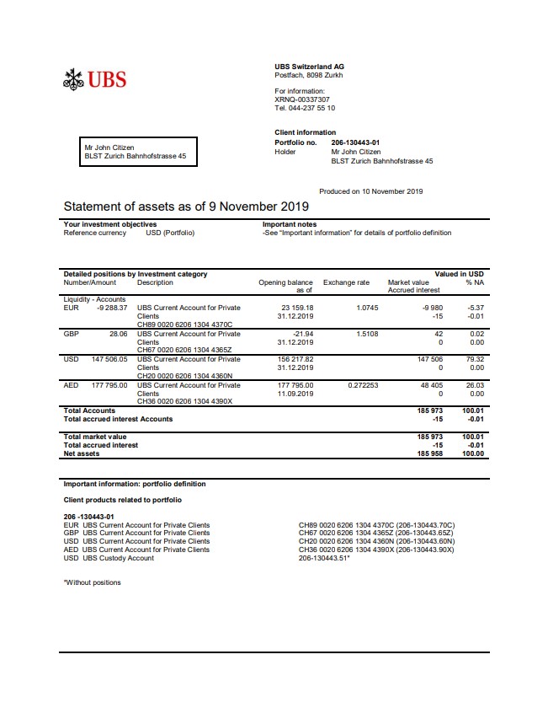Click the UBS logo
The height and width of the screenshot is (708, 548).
95,80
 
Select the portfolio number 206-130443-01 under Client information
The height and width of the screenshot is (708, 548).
355,143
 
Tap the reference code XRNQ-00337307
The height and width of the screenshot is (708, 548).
302,99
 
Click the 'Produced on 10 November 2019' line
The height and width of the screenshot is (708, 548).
370,191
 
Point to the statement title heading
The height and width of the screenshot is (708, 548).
186,206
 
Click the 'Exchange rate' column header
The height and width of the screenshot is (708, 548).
346,282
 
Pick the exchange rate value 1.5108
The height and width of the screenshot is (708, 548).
367,334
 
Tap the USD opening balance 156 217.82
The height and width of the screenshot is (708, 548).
295,359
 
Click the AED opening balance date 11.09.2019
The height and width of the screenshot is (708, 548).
296,394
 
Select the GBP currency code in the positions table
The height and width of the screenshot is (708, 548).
72,334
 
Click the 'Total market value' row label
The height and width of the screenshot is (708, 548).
95,437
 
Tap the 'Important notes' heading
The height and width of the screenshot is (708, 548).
290,224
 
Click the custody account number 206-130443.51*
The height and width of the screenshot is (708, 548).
324,558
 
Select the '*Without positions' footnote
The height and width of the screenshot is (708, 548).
93,582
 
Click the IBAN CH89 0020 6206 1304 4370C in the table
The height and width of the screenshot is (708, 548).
184,324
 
